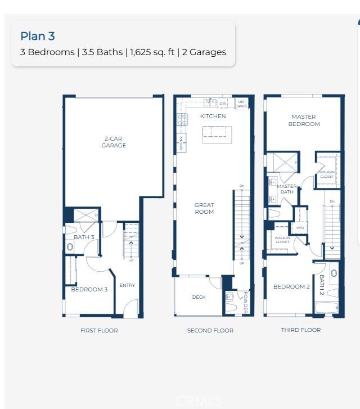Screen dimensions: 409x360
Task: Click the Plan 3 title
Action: coord(38,37)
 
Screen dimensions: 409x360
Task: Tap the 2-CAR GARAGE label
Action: coord(114,142)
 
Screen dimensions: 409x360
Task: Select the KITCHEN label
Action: coord(213,116)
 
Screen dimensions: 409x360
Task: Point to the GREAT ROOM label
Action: coord(204,208)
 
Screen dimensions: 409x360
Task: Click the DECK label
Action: coord(199,297)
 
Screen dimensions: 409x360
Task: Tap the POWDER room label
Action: coord(245,302)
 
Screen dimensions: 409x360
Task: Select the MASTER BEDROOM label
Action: coord(304,120)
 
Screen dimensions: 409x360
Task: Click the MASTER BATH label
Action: coord(287,189)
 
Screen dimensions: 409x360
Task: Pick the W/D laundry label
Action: coord(300,228)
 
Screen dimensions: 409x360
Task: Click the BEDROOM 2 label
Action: coord(291,287)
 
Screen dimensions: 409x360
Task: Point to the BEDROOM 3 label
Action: coord(89,290)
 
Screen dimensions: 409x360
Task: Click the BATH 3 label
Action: coord(84,237)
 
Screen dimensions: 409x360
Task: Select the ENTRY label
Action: coord(127,285)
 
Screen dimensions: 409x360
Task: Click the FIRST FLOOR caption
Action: coord(99,330)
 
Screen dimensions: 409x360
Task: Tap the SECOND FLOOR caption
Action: coord(210,330)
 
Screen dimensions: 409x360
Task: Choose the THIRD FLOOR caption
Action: coord(301,330)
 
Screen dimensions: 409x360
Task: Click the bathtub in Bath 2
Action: coord(327,308)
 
